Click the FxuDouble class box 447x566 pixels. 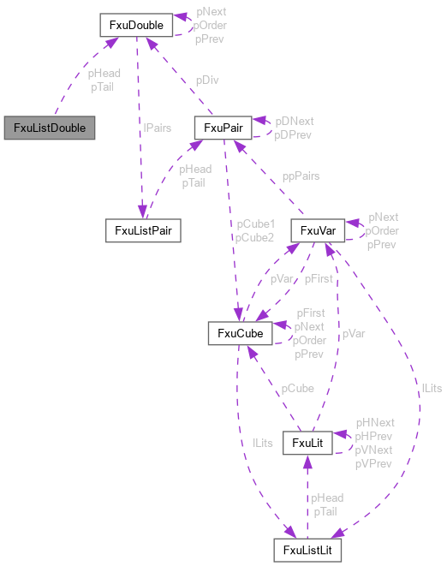(x=137, y=25)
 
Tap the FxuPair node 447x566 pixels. (x=222, y=128)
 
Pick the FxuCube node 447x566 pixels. (x=241, y=333)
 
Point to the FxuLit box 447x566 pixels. (x=307, y=442)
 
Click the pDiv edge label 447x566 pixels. (x=206, y=80)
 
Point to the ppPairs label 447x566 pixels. (x=301, y=176)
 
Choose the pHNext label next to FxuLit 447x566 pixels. (x=375, y=423)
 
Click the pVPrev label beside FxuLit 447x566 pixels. (x=374, y=463)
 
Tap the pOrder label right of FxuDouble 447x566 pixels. (x=210, y=26)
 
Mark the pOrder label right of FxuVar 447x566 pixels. (x=382, y=230)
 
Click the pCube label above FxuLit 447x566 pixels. (x=298, y=389)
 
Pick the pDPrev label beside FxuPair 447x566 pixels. (x=294, y=134)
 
